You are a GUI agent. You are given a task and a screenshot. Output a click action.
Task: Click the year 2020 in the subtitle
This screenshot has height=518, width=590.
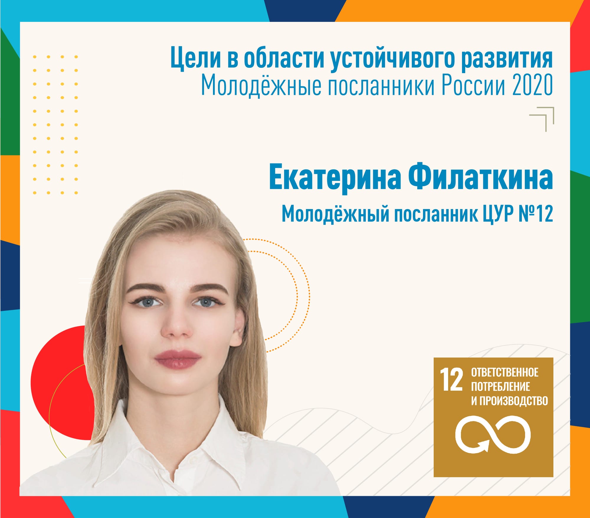click(x=532, y=85)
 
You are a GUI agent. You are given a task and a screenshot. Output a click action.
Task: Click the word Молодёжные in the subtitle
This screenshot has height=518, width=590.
click(x=261, y=85)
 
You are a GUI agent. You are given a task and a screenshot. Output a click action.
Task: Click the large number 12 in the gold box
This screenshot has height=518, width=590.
click(x=451, y=380)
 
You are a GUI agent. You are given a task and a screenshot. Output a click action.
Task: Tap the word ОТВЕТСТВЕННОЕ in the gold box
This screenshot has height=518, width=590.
click(x=505, y=372)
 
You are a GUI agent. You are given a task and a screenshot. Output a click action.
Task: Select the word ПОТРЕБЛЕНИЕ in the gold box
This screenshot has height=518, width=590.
click(x=501, y=387)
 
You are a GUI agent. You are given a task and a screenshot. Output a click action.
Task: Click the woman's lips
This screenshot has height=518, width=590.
click(x=177, y=359)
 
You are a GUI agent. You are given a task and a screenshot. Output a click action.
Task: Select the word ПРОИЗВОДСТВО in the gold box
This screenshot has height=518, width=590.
click(x=513, y=401)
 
